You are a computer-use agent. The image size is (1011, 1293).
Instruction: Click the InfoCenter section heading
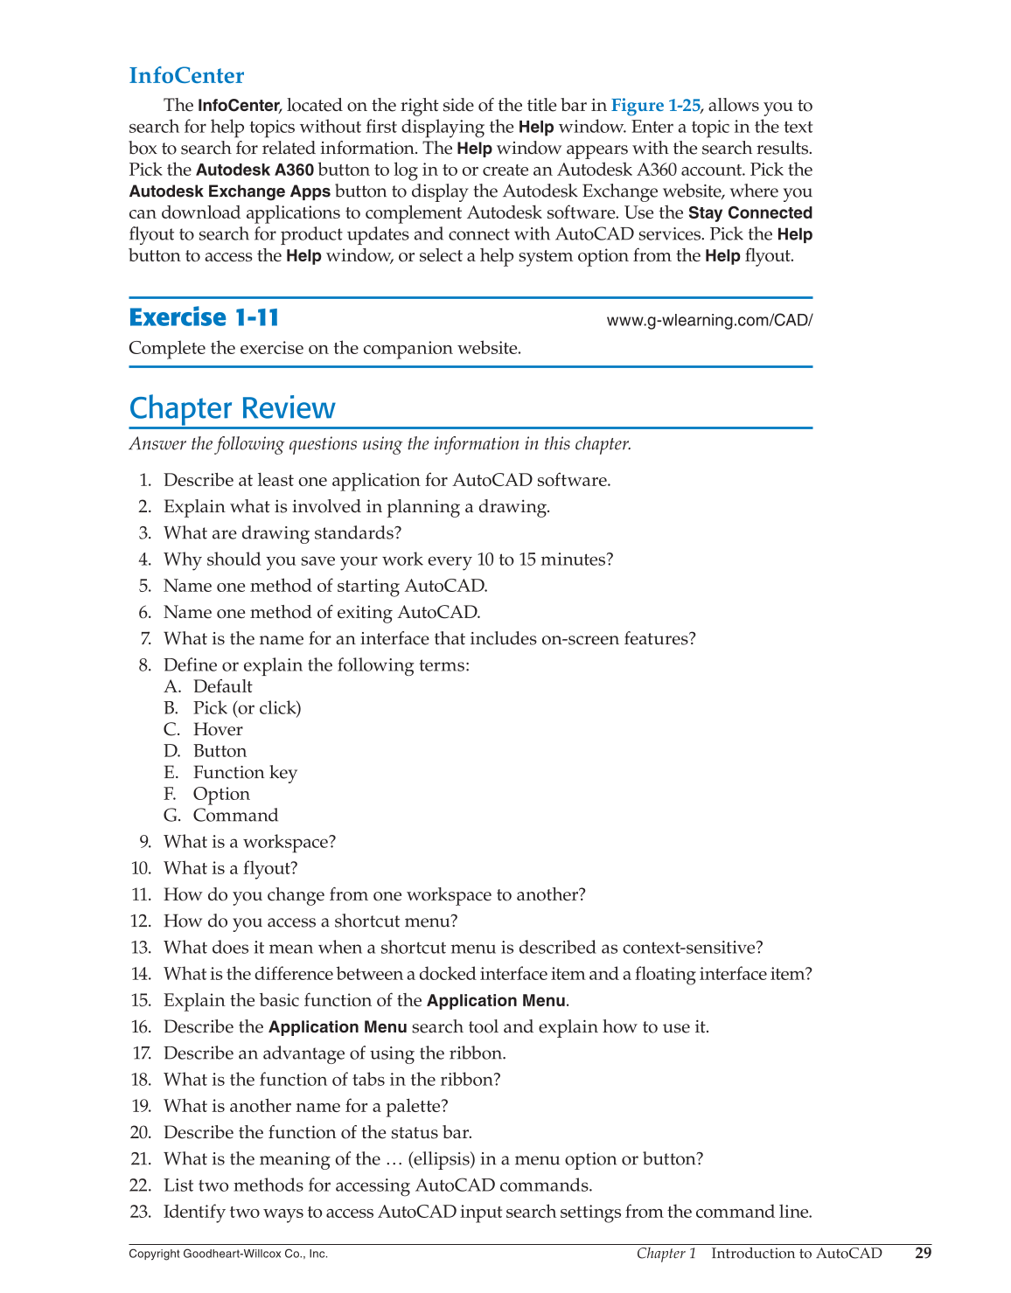[x=186, y=76]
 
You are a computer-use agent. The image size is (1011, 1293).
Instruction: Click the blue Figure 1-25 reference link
[x=655, y=106]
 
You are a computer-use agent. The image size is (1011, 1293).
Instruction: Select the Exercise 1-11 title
[x=204, y=317]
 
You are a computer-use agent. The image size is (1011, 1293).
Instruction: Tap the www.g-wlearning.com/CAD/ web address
[x=709, y=320]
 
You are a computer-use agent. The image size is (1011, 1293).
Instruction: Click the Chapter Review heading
[x=232, y=408]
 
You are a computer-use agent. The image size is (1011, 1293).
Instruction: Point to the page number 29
[x=923, y=1253]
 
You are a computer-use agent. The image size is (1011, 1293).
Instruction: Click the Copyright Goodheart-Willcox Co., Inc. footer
[x=228, y=1254]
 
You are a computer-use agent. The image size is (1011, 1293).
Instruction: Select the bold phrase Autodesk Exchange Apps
[x=229, y=191]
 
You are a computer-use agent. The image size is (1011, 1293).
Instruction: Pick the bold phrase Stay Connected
[x=750, y=213]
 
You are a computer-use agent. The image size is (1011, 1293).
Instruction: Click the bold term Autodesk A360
[x=254, y=170]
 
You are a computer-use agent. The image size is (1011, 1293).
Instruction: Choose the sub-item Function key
[x=245, y=773]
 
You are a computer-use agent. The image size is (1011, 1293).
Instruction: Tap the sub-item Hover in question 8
[x=218, y=730]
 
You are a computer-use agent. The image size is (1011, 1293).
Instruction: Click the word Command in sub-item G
[x=235, y=816]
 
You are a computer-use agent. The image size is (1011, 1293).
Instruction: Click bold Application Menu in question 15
[x=496, y=1001]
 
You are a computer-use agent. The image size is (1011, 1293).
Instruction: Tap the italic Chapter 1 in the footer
[x=666, y=1254]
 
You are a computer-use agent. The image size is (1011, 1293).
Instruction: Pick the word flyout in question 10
[x=266, y=869]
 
